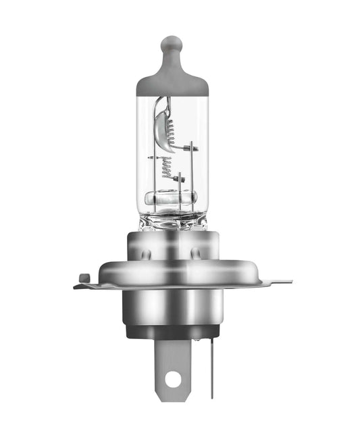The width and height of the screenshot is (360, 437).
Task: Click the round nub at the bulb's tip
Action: click(172, 45)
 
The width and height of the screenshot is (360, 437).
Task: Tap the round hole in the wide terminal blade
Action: click(173, 379)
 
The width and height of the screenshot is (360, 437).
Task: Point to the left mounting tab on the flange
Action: click(83, 278)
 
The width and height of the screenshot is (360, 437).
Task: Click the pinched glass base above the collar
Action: click(172, 221)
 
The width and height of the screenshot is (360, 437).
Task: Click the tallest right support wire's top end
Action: click(192, 145)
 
